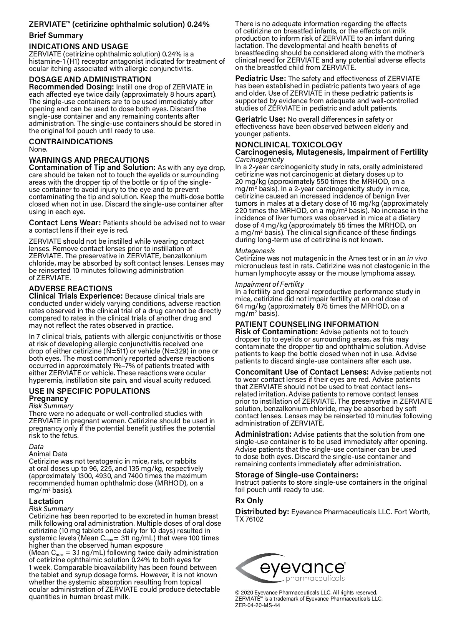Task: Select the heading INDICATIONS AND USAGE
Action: [x=78, y=46]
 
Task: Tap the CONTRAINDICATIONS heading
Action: [x=71, y=142]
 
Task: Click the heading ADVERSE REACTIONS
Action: [x=71, y=289]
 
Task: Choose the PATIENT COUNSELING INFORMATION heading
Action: [x=307, y=324]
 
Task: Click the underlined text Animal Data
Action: [x=48, y=454]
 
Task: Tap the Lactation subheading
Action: [x=46, y=501]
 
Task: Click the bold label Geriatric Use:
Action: [x=260, y=119]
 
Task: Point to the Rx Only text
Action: [x=249, y=500]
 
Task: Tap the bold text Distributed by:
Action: [x=262, y=512]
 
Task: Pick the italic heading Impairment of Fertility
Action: [x=269, y=284]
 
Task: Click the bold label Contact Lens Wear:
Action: [x=65, y=223]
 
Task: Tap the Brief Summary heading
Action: [x=56, y=36]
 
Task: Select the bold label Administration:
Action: [x=263, y=434]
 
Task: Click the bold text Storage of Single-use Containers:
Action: [x=297, y=475]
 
